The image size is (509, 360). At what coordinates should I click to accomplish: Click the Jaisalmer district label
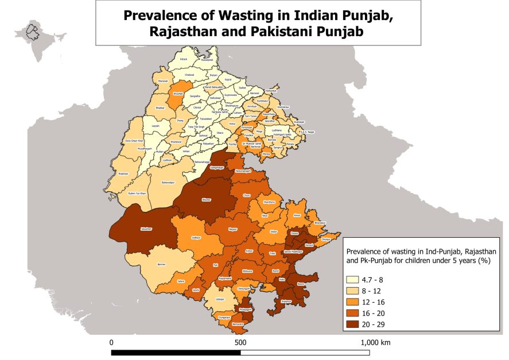(146, 229)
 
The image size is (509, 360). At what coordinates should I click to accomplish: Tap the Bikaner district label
(207, 200)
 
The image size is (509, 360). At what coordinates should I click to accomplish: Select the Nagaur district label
(233, 229)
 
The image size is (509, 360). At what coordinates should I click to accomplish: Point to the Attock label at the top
(184, 59)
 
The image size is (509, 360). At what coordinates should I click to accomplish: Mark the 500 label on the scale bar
(240, 342)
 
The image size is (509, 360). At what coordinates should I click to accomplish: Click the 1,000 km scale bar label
(375, 342)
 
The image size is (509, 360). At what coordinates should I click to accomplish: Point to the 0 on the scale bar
(111, 342)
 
